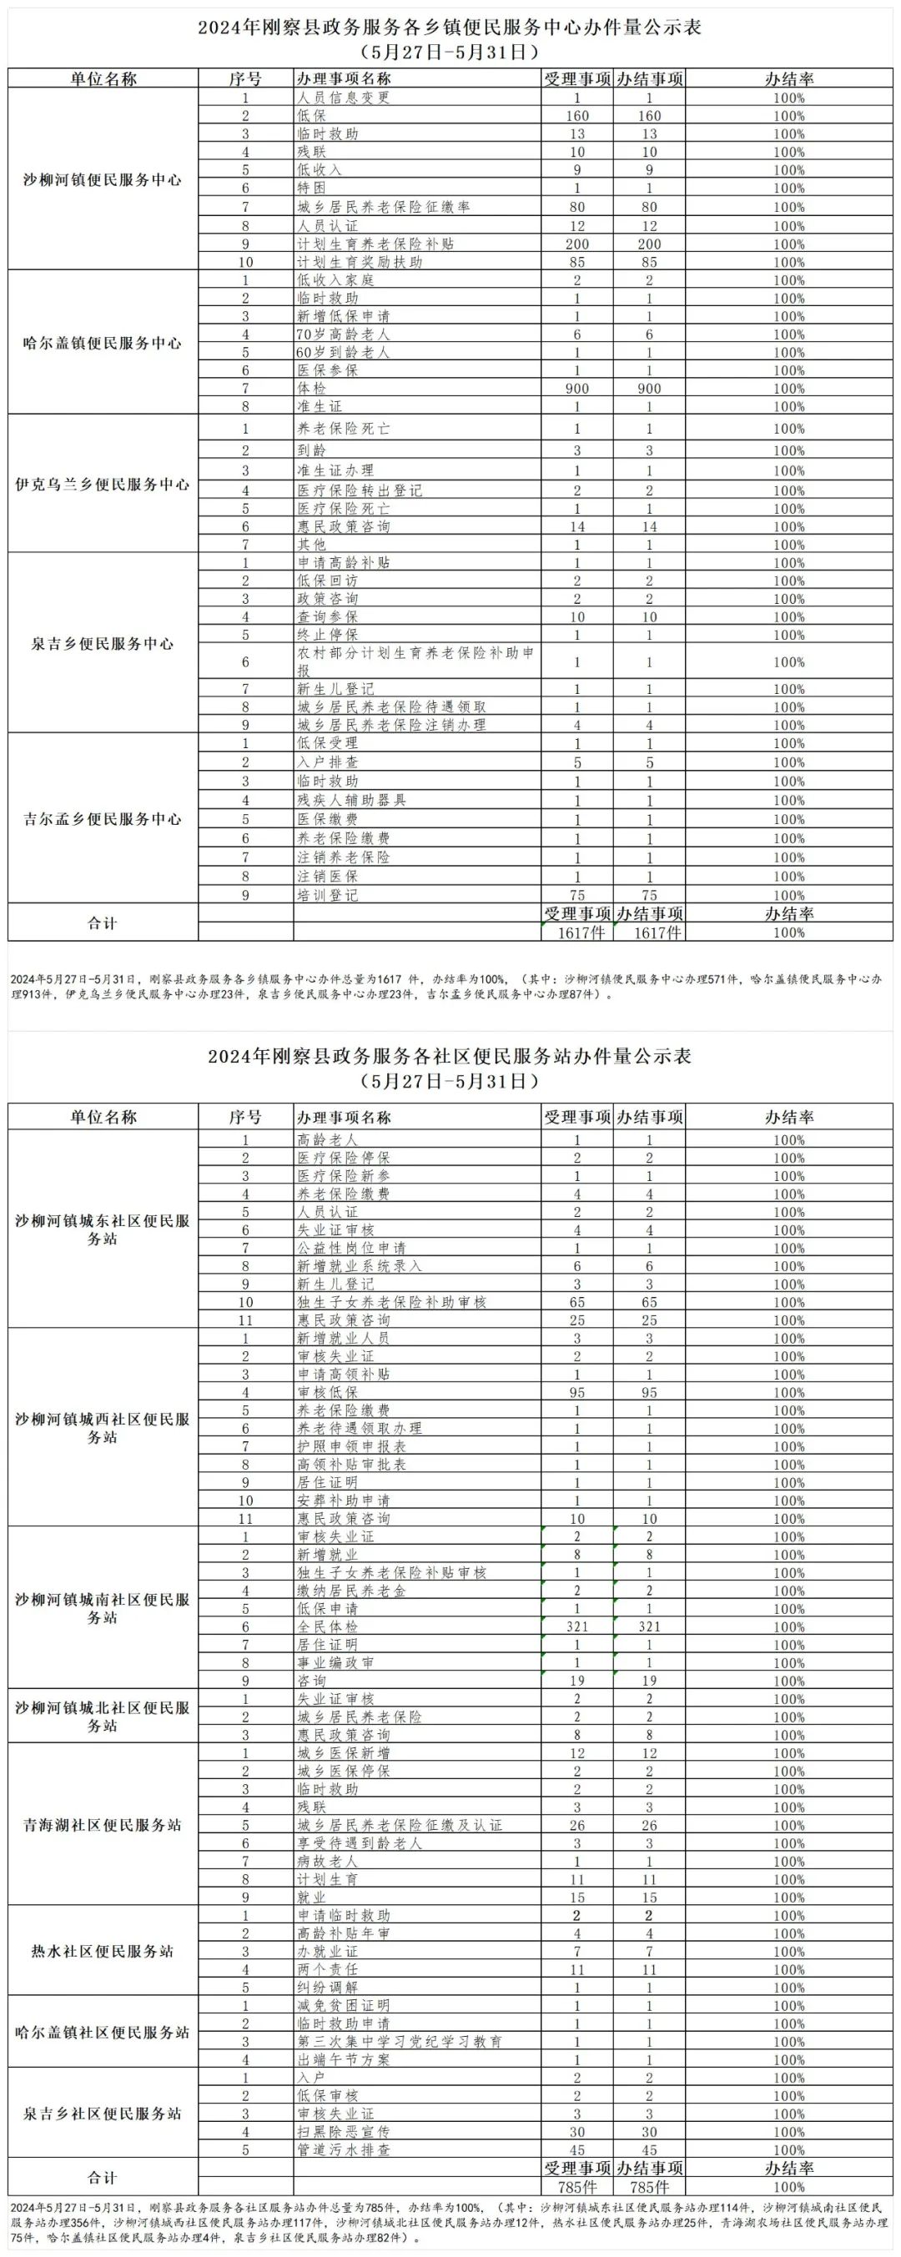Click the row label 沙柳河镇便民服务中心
[103, 180]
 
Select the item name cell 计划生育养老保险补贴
[375, 244]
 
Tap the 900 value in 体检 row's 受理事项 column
[576, 388]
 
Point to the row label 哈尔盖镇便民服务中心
[103, 344]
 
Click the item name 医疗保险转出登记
[360, 490]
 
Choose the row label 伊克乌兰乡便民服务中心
[103, 485]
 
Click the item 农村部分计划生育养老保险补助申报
[415, 661]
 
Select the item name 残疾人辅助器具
[351, 800]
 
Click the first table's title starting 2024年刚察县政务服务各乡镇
[450, 28]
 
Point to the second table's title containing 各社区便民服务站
[450, 1057]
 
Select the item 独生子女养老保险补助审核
[391, 1302]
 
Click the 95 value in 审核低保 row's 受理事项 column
[576, 1392]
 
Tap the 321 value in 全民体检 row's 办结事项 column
[649, 1626]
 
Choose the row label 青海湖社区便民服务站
[103, 1825]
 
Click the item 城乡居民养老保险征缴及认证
[399, 1825]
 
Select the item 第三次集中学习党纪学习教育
[399, 2042]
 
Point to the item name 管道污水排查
[343, 2150]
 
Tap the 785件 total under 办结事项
[649, 2187]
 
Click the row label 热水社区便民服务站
[103, 1952]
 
